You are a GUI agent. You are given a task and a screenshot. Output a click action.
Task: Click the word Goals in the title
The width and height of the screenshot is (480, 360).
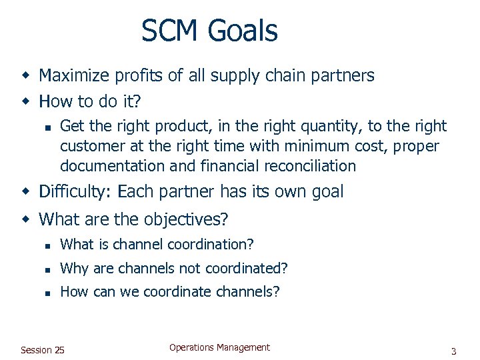pos(242,31)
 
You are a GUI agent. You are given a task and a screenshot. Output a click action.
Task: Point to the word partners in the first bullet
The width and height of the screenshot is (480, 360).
pos(345,76)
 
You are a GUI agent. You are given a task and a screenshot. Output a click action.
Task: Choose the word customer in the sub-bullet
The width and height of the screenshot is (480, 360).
pos(89,146)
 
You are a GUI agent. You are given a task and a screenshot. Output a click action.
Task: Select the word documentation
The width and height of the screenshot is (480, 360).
pos(112,166)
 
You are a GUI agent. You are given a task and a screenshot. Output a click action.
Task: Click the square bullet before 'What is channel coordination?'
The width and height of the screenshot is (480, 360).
pos(47,245)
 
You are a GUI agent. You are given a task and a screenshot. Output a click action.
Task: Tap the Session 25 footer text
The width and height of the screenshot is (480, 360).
pos(43,350)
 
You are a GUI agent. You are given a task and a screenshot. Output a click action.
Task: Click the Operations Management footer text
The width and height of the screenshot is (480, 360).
pos(219,347)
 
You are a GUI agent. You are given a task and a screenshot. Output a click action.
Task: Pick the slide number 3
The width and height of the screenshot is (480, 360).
pos(453,351)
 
